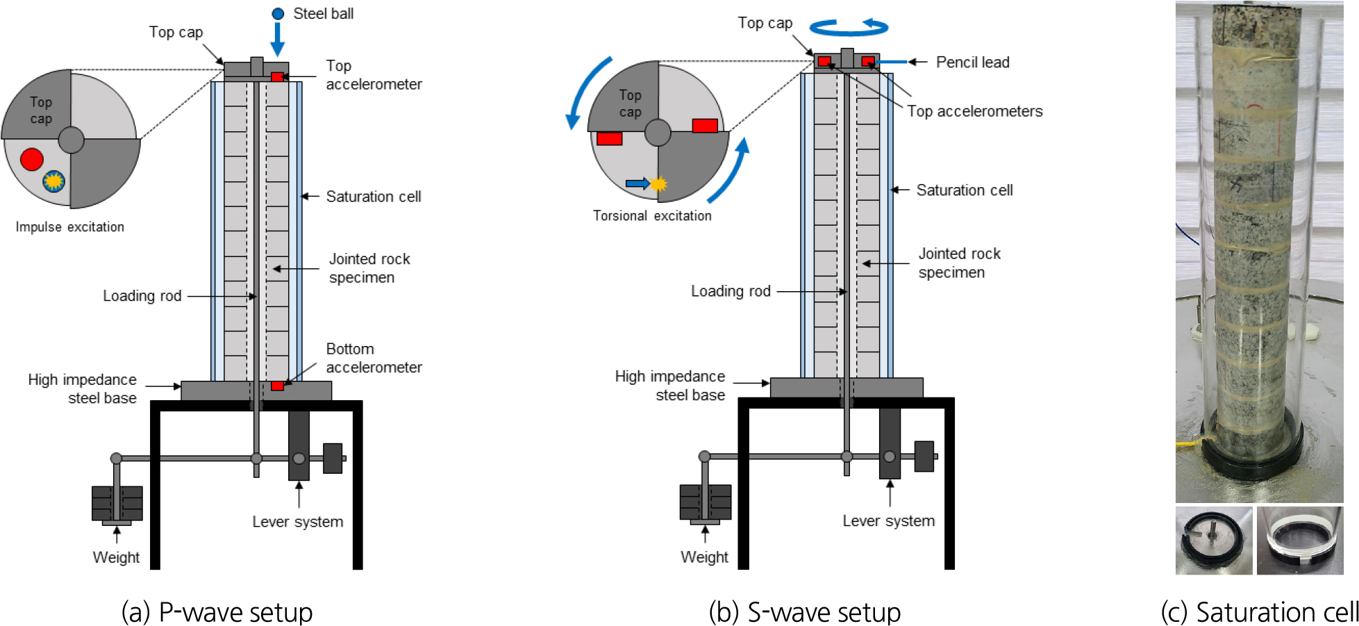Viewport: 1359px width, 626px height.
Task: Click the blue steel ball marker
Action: (278, 14)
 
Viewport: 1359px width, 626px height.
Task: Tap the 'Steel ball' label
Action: (323, 14)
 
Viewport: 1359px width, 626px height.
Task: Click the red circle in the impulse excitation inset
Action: (32, 159)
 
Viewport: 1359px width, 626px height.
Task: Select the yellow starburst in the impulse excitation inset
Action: (53, 181)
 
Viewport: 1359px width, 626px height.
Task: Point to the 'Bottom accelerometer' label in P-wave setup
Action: (374, 358)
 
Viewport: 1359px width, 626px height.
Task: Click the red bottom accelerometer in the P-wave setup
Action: (277, 386)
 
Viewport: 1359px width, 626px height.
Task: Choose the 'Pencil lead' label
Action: (972, 63)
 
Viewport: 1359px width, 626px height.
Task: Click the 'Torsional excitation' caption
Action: (652, 216)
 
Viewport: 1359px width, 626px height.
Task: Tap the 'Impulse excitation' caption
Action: (70, 227)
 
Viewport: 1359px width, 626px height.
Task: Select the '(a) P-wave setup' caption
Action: (217, 612)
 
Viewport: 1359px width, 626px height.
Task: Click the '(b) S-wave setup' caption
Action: (805, 612)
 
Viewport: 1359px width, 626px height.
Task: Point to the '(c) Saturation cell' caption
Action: (1259, 612)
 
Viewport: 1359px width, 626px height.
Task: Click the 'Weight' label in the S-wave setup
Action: (704, 557)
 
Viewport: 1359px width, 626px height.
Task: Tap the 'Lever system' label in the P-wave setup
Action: (297, 522)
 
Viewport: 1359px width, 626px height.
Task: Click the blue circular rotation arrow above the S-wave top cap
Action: (849, 28)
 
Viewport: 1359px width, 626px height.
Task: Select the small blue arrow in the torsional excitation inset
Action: (636, 183)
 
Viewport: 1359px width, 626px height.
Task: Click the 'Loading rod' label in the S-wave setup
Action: (731, 291)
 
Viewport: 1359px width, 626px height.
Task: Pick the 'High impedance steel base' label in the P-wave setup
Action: (83, 389)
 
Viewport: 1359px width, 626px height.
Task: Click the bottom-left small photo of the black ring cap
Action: (1213, 541)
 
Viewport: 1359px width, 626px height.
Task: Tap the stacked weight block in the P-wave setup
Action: (117, 504)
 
